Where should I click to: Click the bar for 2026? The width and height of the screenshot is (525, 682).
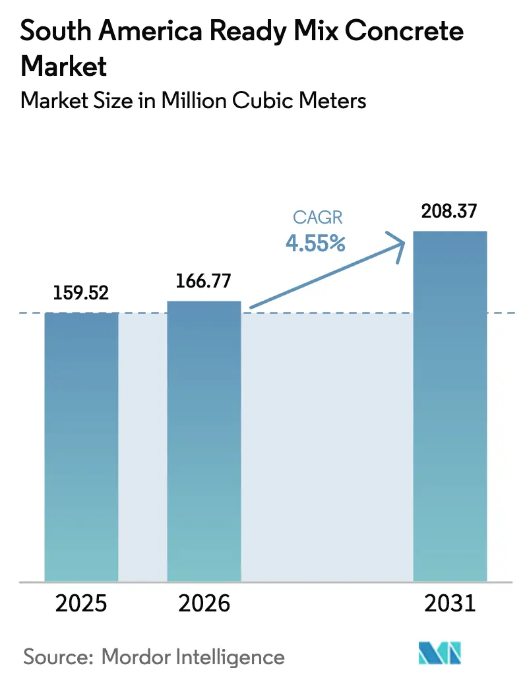click(204, 441)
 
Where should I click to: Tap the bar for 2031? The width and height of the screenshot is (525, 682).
click(449, 406)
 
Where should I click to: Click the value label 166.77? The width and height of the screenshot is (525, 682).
click(204, 280)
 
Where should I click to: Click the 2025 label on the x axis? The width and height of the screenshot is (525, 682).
click(81, 604)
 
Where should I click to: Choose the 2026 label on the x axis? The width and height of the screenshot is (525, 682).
click(204, 604)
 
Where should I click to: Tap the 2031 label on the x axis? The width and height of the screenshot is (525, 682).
click(449, 604)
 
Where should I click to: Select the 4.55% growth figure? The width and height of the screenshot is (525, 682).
click(315, 243)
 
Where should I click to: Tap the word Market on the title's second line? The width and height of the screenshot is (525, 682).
click(65, 67)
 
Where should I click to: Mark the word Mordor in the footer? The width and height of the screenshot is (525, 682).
click(140, 657)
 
